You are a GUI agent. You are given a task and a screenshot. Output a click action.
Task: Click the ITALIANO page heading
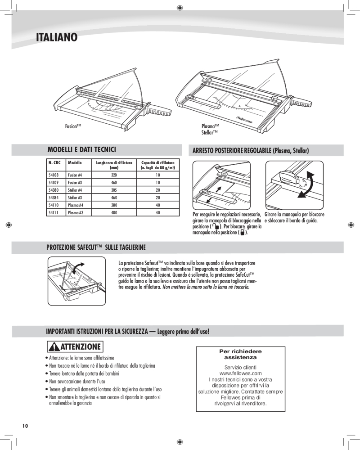(x=57, y=37)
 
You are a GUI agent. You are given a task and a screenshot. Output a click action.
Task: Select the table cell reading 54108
(x=53, y=175)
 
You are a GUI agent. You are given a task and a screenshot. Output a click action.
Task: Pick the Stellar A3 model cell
(x=75, y=198)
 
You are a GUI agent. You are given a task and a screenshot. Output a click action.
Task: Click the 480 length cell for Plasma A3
(x=113, y=212)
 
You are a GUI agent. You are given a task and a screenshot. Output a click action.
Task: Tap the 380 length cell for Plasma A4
(x=113, y=205)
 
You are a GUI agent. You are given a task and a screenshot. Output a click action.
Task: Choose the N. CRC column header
(x=54, y=162)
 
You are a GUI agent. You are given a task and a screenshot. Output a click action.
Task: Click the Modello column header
(x=75, y=162)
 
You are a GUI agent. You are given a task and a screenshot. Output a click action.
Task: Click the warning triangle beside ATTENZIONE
(x=54, y=347)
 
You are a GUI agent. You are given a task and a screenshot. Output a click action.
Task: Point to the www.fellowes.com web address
(x=240, y=373)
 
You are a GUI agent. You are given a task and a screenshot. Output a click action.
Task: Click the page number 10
(x=25, y=426)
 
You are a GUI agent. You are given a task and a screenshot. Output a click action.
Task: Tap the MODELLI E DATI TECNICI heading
(x=82, y=149)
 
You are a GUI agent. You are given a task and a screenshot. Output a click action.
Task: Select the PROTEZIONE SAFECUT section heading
(x=96, y=247)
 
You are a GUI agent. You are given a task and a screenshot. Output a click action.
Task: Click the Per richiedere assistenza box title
(x=240, y=354)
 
